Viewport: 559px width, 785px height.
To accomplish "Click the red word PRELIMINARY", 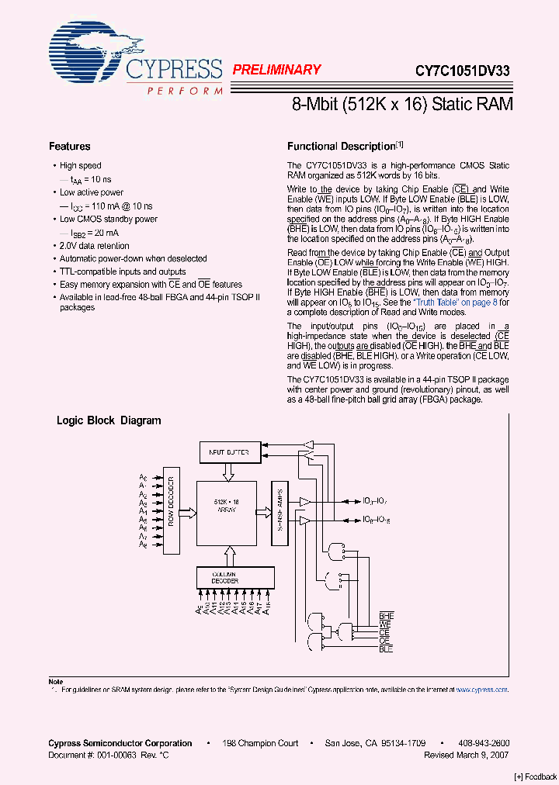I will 276,70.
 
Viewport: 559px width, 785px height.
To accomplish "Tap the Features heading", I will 70,147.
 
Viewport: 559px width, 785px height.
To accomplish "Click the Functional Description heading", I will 342,147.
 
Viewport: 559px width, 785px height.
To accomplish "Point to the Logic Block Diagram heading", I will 109,421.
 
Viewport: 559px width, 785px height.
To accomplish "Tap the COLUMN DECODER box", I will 225,577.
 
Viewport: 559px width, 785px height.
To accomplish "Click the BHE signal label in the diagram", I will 386,616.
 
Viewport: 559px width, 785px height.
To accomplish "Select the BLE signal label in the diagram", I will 386,649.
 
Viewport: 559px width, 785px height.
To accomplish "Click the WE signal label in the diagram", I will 384,624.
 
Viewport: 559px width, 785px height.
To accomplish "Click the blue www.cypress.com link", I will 481,690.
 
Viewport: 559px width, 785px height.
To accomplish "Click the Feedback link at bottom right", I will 536,777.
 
